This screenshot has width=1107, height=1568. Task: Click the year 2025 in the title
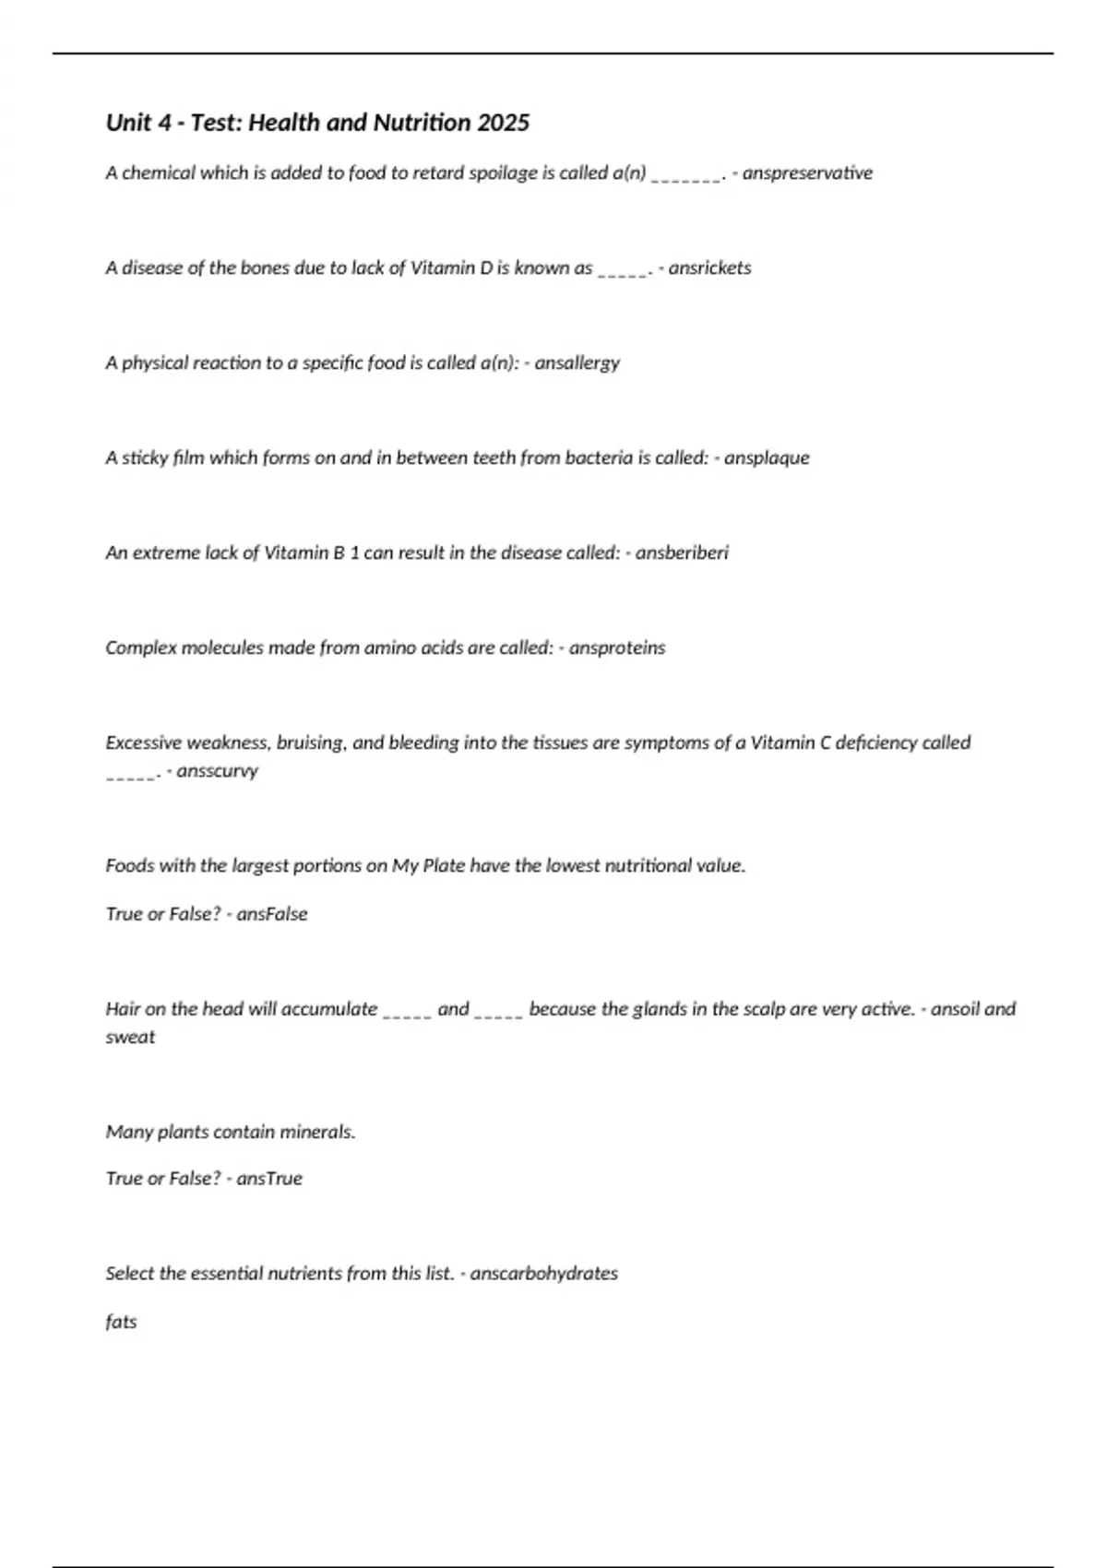(x=503, y=123)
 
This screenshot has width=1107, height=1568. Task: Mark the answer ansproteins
(x=616, y=647)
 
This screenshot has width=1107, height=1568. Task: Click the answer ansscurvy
(x=217, y=770)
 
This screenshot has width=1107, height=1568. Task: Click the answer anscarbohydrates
(x=543, y=1273)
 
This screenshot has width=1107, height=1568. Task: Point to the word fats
(x=121, y=1321)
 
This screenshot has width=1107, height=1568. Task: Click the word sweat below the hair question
(x=130, y=1037)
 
